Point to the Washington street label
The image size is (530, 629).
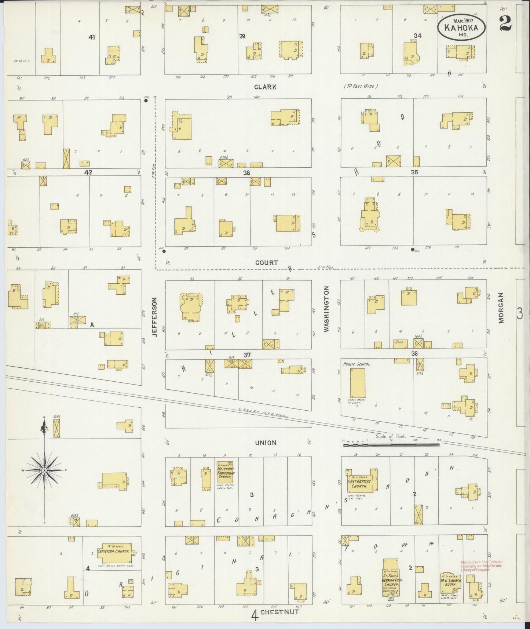(x=326, y=309)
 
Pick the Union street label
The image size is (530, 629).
(x=266, y=443)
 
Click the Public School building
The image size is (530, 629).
(x=357, y=383)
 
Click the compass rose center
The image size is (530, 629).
(x=44, y=470)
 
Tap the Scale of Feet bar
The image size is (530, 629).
(x=391, y=445)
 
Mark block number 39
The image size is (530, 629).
(x=242, y=36)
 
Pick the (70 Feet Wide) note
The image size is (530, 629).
(x=361, y=86)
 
